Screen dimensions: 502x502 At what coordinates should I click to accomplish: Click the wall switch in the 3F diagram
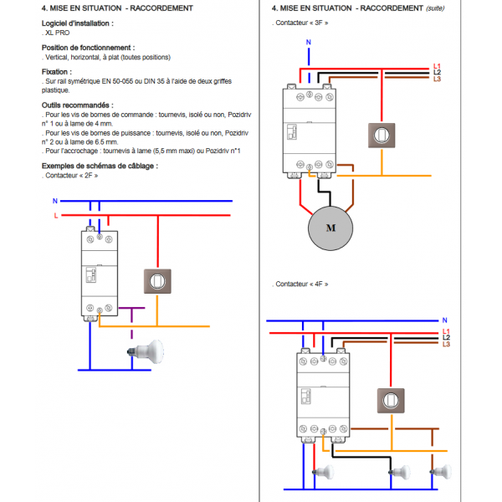click(382, 135)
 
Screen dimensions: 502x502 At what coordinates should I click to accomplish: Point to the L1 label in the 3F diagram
click(437, 66)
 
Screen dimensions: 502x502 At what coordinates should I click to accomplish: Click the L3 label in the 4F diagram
click(446, 344)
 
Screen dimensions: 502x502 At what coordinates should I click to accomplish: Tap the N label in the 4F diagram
click(445, 320)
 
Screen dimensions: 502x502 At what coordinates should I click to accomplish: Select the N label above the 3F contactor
click(309, 42)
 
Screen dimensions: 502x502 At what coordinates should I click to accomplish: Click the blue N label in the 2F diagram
click(54, 202)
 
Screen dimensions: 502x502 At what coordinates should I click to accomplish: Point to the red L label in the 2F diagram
click(55, 215)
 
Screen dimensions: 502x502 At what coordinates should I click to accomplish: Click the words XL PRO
click(59, 32)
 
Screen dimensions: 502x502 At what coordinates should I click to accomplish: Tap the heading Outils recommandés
click(77, 105)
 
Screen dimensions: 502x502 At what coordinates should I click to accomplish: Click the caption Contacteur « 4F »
click(301, 284)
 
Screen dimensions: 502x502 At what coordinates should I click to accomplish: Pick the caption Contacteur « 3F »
click(301, 23)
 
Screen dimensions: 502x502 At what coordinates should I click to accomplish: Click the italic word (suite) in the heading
click(435, 8)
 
